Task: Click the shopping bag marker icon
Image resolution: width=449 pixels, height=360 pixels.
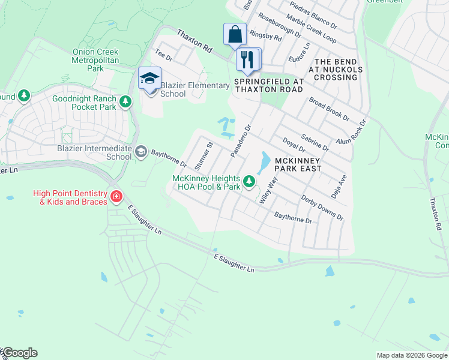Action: pyautogui.click(x=235, y=34)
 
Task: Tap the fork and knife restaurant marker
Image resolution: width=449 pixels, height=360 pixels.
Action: pyautogui.click(x=248, y=59)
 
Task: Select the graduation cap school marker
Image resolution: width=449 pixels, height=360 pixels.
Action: pyautogui.click(x=149, y=79)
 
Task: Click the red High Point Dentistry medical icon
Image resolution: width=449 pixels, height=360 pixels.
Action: pyautogui.click(x=116, y=196)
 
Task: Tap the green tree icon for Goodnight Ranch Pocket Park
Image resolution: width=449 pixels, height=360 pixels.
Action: pyautogui.click(x=125, y=101)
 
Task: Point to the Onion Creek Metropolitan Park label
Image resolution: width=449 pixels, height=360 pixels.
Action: pyautogui.click(x=95, y=61)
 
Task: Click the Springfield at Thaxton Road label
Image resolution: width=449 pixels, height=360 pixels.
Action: pyautogui.click(x=268, y=85)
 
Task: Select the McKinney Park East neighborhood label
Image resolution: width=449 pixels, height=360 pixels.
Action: pyautogui.click(x=298, y=164)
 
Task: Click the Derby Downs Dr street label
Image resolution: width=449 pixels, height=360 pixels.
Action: pyautogui.click(x=322, y=208)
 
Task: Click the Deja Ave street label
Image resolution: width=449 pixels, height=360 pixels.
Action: pyautogui.click(x=339, y=187)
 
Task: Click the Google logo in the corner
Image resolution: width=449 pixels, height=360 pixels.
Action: pyautogui.click(x=19, y=353)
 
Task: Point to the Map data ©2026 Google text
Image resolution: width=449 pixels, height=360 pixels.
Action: pyautogui.click(x=411, y=355)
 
